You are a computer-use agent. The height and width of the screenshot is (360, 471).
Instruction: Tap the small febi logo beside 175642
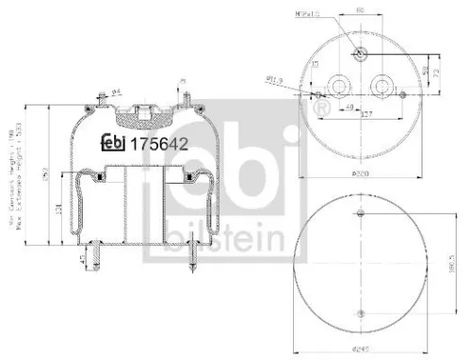pos(114,143)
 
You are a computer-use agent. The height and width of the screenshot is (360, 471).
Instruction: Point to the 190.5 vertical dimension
pos(454,265)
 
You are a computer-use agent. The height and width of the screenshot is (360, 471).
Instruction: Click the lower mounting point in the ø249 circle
pos(361,314)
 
